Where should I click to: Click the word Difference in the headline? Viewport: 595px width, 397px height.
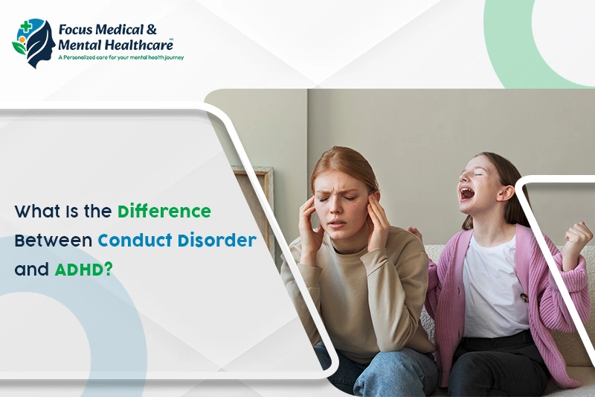164,211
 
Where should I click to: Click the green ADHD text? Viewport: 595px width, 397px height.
84,270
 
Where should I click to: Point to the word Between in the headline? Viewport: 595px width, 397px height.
53,241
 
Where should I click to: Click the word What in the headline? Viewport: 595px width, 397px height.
37,212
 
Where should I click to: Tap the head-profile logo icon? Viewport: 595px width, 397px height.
33,43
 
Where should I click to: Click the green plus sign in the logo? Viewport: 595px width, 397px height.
26,27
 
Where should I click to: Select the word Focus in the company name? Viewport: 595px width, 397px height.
75,30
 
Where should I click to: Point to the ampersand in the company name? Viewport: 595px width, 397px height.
152,29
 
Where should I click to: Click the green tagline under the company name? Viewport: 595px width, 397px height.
121,58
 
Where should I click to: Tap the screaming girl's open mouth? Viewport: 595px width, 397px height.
467,194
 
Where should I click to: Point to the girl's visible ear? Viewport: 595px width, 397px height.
506,192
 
